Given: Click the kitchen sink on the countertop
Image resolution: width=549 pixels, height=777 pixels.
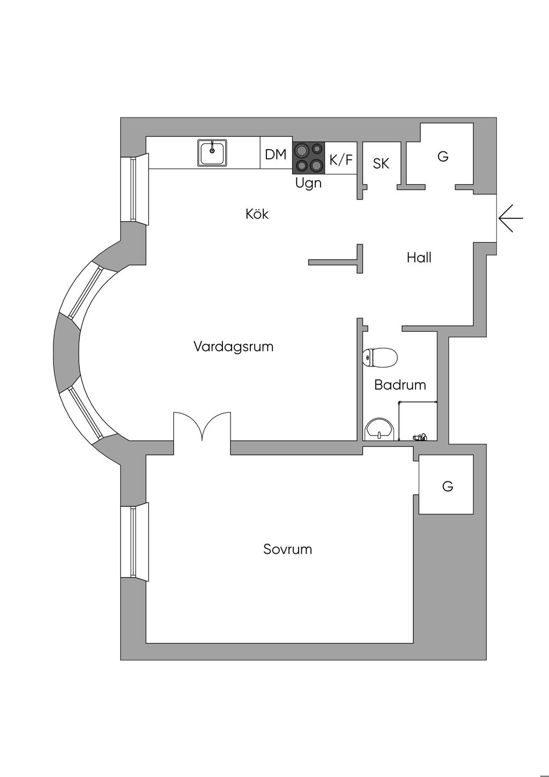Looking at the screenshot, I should (212, 153).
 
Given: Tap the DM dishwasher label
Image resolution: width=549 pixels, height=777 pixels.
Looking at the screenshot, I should (276, 155).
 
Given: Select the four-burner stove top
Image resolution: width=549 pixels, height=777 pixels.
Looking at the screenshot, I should (308, 157).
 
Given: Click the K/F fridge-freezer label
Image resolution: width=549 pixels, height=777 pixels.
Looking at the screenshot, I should (342, 159).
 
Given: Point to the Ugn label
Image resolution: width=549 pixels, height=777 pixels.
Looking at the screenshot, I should (308, 183).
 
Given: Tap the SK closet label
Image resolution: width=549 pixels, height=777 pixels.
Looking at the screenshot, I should (381, 163).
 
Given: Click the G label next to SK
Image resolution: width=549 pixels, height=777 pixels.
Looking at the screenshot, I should (443, 157).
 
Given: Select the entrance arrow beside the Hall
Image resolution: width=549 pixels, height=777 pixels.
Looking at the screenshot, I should (510, 218).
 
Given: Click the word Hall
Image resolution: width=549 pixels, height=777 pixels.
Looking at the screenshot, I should (419, 258).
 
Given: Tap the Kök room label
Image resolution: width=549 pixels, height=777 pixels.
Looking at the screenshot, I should (257, 214).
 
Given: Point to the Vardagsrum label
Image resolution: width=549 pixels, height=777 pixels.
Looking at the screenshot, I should (233, 347).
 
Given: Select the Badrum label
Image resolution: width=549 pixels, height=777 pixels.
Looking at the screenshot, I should (400, 385).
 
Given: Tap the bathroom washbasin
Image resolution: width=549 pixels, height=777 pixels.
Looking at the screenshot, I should (380, 430).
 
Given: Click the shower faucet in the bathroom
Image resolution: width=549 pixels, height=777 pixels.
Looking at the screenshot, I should (420, 437).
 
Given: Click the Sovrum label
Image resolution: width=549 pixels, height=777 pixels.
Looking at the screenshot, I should (287, 549).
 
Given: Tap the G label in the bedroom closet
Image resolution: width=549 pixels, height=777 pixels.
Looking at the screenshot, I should (448, 486).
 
